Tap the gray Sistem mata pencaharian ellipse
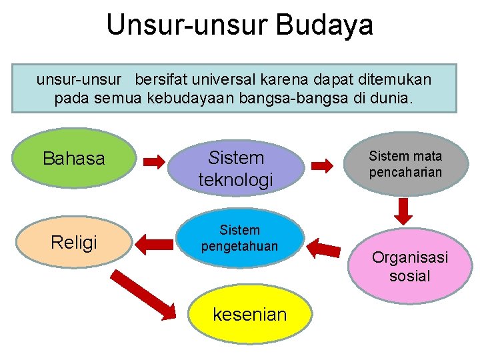pos(405,165)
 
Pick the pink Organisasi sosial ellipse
pos(409,266)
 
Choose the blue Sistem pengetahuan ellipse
pos(239,238)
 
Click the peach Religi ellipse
pos(74,242)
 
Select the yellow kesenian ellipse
pos(249,314)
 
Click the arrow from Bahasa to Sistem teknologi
pos(155,161)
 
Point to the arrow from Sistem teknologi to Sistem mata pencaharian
pos(323,165)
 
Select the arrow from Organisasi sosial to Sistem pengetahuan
pos(325,248)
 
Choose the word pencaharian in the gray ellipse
pos(405,173)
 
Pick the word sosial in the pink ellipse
pos(409,275)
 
